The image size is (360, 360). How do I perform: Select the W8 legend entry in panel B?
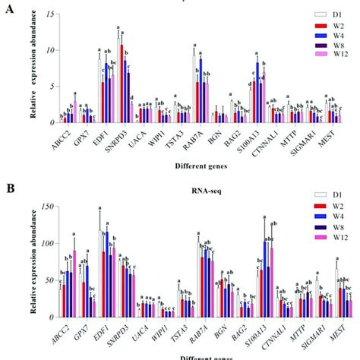click(x=324, y=237)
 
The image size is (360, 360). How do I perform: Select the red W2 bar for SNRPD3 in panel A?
click(x=122, y=84)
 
